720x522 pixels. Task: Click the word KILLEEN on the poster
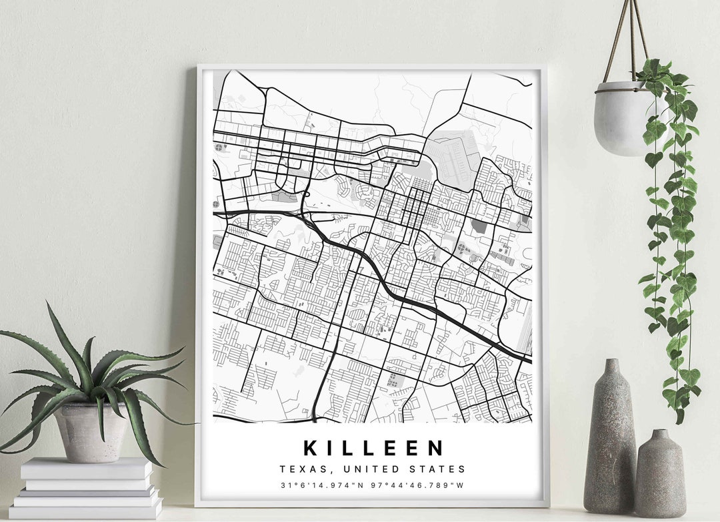click(x=373, y=447)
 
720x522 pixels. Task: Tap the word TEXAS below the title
click(x=300, y=469)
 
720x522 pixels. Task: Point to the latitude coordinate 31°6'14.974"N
click(x=324, y=485)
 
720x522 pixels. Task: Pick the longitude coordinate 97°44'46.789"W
click(x=419, y=485)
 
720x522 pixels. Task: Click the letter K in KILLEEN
click(x=311, y=447)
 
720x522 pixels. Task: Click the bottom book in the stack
click(x=85, y=511)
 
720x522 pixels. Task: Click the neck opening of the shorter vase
click(x=659, y=433)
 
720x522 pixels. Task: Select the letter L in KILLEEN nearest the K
click(x=353, y=447)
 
